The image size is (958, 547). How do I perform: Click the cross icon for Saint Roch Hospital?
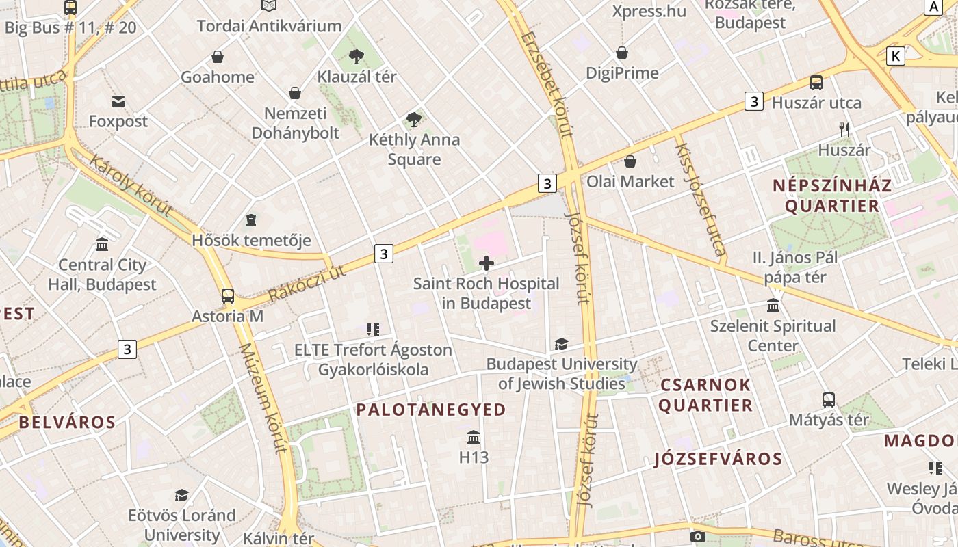(487, 263)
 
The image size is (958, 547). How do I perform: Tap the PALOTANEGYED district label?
(431, 410)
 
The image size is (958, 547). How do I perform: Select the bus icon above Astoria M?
(228, 296)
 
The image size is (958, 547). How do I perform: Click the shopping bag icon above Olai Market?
(630, 161)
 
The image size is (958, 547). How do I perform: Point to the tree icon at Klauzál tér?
(356, 57)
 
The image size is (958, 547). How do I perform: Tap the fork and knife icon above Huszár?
(844, 129)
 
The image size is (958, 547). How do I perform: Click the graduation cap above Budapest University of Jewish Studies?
(561, 344)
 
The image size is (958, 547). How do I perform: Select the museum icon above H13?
(474, 437)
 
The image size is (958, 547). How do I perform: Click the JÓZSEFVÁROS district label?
(718, 459)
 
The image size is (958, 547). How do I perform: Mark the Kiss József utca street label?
(700, 199)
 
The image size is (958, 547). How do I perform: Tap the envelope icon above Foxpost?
(118, 102)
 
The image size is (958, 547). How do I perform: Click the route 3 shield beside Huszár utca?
(753, 101)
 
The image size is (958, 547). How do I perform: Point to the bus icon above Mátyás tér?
(829, 399)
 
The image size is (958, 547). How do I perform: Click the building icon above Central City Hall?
(102, 245)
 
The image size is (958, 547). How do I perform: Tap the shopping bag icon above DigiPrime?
(622, 53)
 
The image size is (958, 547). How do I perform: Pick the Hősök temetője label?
(251, 241)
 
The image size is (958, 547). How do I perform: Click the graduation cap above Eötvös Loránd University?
(181, 495)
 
